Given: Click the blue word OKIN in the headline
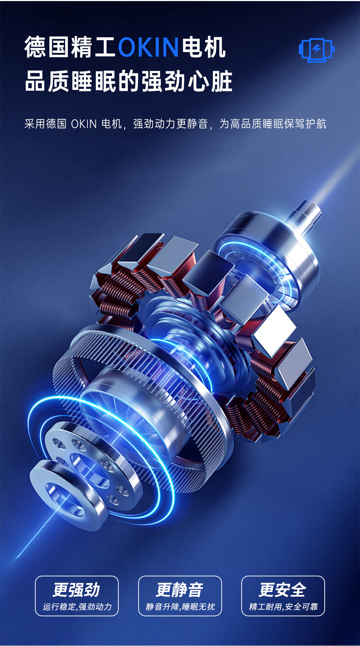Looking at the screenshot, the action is (x=148, y=47).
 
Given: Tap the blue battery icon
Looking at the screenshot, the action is (x=316, y=49).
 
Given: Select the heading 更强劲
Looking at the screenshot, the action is (x=76, y=590).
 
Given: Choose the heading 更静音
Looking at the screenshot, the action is (x=180, y=590).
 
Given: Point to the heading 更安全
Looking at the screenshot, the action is (x=283, y=590).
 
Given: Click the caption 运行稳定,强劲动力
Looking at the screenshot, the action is (x=77, y=607).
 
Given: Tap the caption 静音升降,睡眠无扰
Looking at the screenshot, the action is (x=180, y=607).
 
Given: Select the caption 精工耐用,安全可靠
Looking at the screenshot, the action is (x=283, y=607).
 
